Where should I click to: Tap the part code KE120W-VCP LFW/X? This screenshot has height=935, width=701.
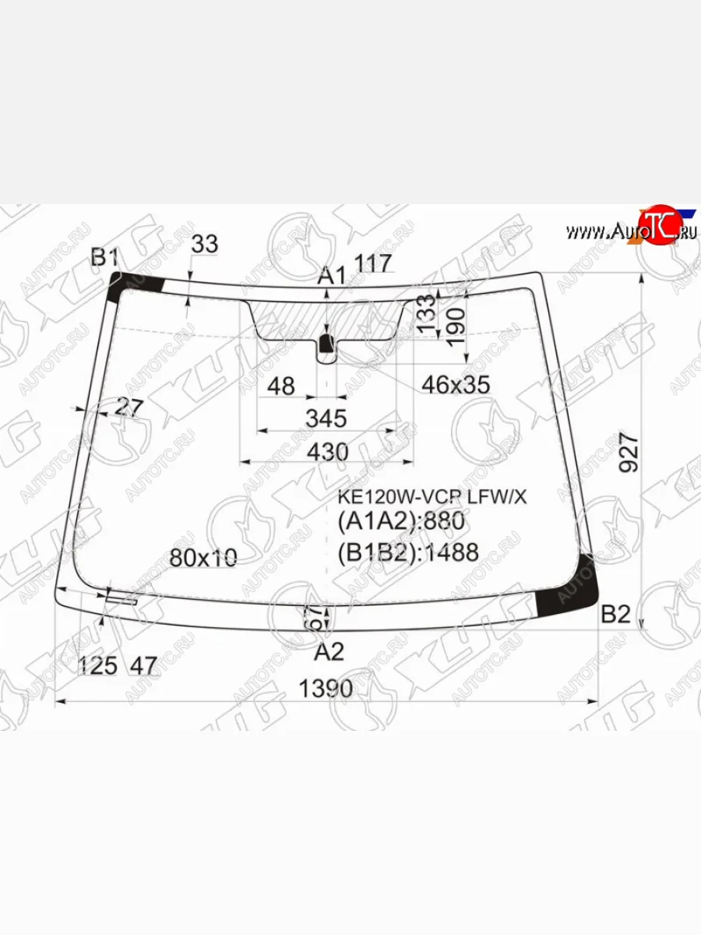click(x=431, y=497)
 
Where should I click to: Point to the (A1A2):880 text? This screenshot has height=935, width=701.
click(x=400, y=521)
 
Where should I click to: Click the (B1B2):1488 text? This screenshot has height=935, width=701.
click(x=407, y=552)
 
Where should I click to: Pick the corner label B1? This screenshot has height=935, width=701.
click(x=104, y=256)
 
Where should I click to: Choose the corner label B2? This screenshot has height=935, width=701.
click(x=615, y=614)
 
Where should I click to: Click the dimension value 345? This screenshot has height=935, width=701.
click(x=326, y=418)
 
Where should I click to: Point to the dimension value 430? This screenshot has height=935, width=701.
click(x=326, y=451)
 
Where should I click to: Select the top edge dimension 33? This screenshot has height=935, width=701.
click(x=204, y=244)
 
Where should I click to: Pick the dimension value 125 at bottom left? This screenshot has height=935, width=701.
click(x=97, y=665)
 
